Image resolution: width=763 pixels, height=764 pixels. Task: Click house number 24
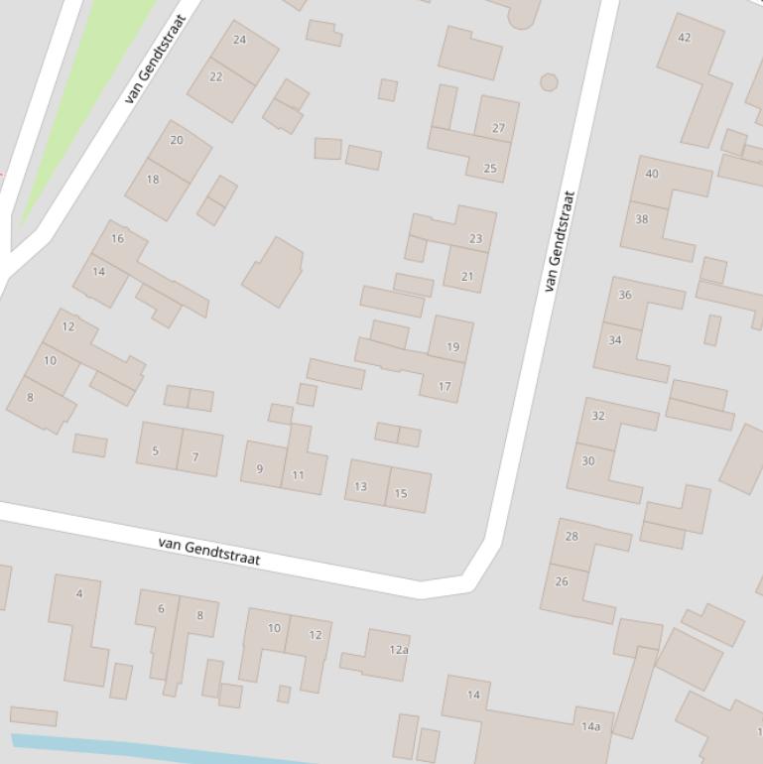[x=239, y=40]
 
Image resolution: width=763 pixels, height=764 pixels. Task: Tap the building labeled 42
[x=684, y=38]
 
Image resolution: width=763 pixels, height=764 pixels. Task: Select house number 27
[x=498, y=128]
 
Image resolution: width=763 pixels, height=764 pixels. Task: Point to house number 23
[x=475, y=239]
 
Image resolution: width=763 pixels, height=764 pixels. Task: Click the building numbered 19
[x=452, y=347]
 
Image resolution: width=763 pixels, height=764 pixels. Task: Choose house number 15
[x=401, y=493]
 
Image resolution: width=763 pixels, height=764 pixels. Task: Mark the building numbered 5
[x=155, y=451]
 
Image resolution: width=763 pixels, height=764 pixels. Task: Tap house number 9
[x=260, y=469]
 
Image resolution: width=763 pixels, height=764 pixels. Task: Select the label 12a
[x=399, y=650]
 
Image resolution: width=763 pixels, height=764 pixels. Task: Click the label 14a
[x=590, y=727]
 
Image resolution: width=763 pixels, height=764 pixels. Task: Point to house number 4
[x=79, y=594]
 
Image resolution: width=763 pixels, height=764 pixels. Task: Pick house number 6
[x=161, y=609]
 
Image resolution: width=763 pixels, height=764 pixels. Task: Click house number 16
[x=118, y=238]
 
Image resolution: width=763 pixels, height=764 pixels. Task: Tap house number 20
[x=177, y=140]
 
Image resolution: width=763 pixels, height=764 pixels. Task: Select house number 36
[x=625, y=295]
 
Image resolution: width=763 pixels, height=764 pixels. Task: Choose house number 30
[x=588, y=460]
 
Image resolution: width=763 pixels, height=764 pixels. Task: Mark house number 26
[x=562, y=581]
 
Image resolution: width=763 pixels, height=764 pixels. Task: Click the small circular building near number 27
[x=549, y=82]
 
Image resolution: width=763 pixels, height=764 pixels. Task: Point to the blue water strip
[x=149, y=751]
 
